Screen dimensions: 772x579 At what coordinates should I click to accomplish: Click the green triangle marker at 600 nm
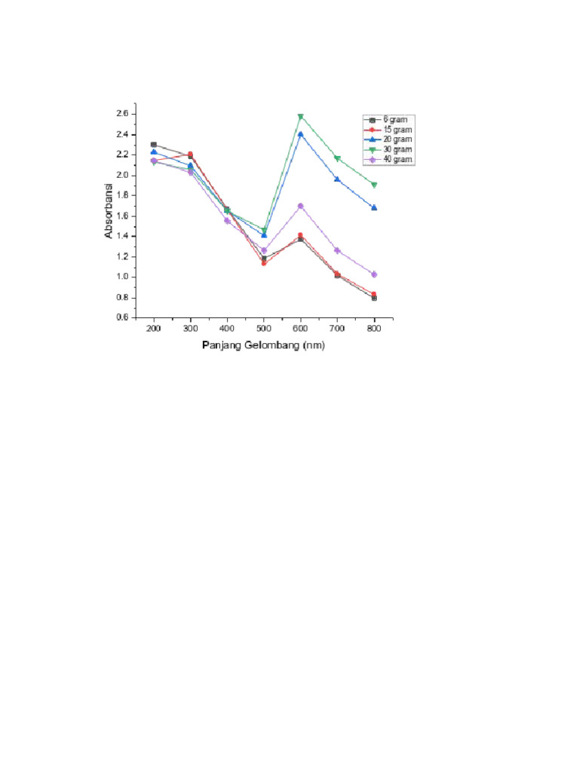point(301,117)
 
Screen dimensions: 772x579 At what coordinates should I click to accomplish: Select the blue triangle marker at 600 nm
point(301,134)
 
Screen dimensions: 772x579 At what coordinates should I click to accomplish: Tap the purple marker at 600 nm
point(301,206)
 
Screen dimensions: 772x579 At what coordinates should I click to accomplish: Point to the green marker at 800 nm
point(374,185)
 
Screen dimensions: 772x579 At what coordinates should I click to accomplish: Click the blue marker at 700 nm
point(337,179)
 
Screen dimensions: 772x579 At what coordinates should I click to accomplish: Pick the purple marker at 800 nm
point(374,274)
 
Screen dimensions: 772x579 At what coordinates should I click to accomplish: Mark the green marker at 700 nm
point(337,158)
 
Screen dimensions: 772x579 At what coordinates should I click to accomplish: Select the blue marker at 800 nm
point(374,207)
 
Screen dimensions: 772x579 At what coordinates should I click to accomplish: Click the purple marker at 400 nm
point(227,221)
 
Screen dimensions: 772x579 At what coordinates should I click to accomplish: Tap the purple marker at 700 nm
point(337,250)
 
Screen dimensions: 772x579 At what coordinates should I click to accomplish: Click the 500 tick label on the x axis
point(264,329)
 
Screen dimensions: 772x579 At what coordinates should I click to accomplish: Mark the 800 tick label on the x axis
point(374,329)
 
